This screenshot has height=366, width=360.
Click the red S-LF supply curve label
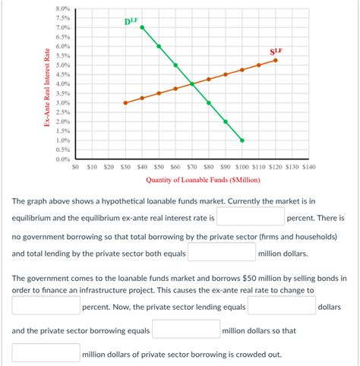276,52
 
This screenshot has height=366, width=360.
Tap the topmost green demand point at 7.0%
142,27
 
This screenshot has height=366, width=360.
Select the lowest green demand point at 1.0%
242,140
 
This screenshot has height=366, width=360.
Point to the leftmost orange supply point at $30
125,103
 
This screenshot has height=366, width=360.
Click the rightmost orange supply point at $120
276,60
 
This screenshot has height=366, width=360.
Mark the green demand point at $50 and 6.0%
159,46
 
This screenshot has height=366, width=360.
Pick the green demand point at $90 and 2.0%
226,121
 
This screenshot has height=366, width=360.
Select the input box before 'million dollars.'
221,254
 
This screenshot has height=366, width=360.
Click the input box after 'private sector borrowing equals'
185,330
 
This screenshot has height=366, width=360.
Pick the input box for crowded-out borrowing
46,353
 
